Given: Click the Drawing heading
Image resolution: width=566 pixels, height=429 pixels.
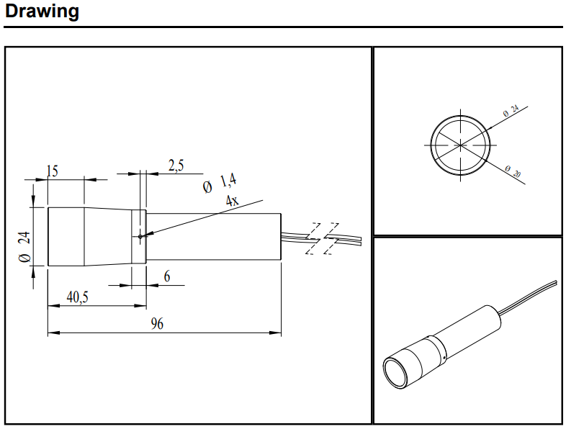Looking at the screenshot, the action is coord(42,12).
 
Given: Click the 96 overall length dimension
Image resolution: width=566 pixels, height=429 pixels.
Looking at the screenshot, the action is coord(157,324).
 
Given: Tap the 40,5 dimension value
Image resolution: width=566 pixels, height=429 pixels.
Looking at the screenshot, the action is coord(77,297).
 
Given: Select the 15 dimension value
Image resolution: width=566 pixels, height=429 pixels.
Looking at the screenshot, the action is coord(53,171).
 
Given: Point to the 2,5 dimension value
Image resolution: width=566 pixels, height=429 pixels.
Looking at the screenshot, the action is coord(176,166).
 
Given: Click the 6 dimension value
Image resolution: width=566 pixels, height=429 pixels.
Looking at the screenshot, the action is coord(167,276).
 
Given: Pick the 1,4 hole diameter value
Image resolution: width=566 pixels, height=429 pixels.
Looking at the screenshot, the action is coord(228,180).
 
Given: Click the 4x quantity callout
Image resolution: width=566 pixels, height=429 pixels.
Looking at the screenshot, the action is coord(232,200).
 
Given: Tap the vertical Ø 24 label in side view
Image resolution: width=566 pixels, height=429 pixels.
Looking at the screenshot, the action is coord(24,247).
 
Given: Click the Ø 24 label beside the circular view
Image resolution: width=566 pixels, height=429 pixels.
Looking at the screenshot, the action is coord(511,111).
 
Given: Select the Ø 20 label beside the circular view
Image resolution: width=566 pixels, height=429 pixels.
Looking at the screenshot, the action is coord(513,172).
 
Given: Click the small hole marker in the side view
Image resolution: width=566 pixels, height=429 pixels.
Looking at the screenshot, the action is coord(140,236).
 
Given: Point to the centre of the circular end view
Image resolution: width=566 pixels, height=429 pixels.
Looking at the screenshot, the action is coord(460,145).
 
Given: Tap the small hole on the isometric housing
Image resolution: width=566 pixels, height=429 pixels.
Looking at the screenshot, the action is coord(444,358).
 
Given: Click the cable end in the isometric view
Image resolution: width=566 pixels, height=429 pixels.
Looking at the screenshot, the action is coord(556,282).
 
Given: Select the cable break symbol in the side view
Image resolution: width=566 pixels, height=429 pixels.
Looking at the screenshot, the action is coord(322,238).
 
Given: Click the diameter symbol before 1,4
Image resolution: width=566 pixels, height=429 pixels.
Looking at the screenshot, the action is coord(207,187).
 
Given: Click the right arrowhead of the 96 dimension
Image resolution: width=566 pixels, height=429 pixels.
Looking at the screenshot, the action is coord(275,333).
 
